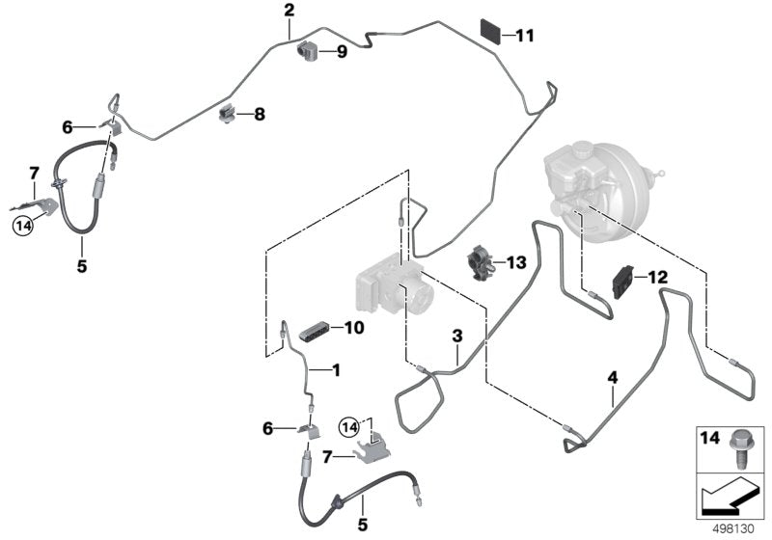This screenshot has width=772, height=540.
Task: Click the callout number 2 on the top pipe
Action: click(x=289, y=11)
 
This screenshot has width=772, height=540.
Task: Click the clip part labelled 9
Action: click(x=310, y=50)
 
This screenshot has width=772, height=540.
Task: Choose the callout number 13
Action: click(x=516, y=262)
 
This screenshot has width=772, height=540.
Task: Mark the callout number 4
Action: click(x=611, y=377)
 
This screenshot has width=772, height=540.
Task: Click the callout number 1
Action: click(x=336, y=369)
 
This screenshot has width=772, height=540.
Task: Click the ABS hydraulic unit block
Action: click(x=391, y=280)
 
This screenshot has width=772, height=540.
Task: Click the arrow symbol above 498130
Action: click(x=731, y=497)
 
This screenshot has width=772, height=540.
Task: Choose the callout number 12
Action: click(x=657, y=277)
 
